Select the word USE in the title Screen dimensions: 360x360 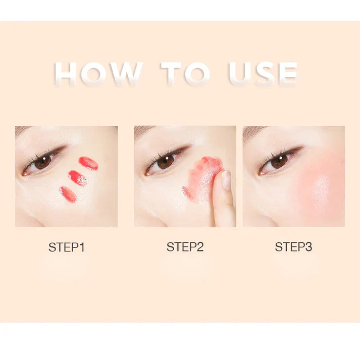262,74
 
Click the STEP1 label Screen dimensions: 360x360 67,247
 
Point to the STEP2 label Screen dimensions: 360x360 185,247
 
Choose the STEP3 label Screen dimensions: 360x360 293,247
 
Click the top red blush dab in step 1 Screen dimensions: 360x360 88,163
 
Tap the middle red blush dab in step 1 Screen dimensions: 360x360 77,178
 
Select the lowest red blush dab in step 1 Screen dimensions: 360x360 68,194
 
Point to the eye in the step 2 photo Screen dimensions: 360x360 165,162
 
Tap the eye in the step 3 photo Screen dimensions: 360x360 278,161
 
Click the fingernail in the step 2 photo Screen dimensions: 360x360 226,180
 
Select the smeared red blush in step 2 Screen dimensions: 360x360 202,177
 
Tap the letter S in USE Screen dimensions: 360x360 262,74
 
